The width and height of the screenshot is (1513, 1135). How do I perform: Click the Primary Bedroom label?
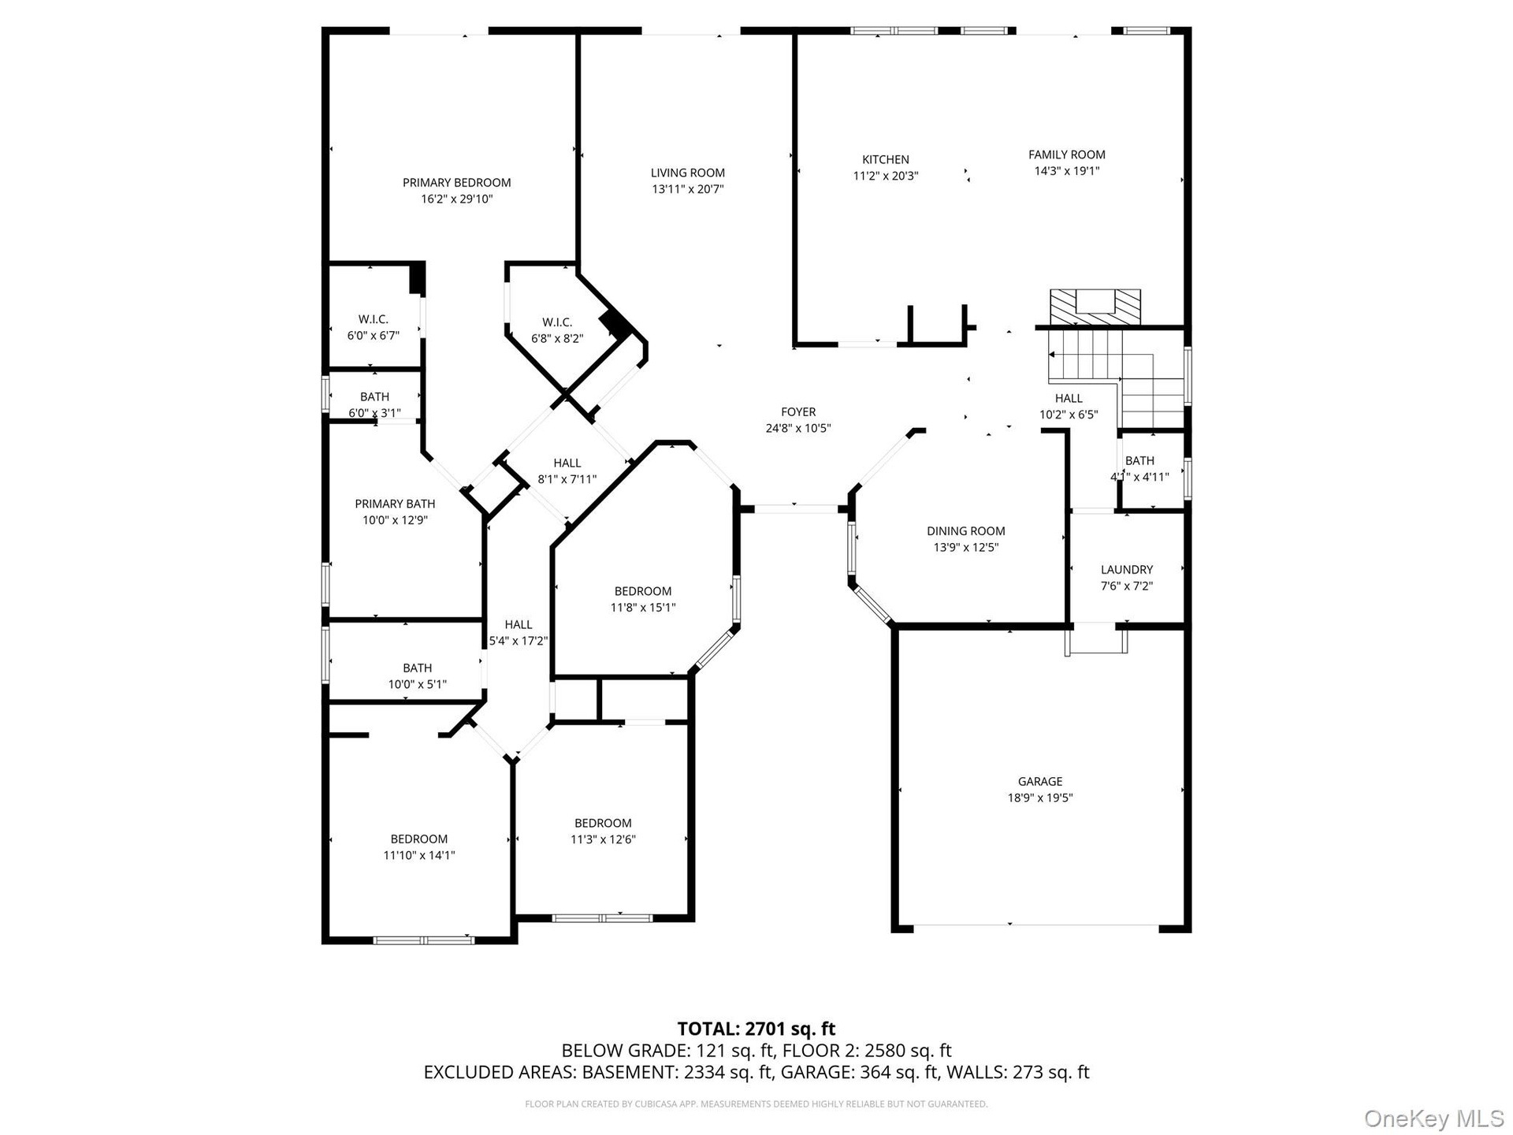[457, 183]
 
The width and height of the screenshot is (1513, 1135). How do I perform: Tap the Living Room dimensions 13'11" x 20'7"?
[688, 189]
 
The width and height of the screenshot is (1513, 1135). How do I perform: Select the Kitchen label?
[886, 160]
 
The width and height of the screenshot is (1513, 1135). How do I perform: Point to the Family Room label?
[1067, 155]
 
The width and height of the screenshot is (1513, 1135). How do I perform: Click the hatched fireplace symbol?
[1095, 307]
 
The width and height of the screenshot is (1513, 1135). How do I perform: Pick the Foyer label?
[798, 412]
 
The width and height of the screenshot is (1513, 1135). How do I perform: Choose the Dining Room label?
[966, 531]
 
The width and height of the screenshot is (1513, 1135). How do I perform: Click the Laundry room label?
[1127, 570]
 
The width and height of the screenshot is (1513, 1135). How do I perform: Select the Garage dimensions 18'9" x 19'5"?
[1040, 798]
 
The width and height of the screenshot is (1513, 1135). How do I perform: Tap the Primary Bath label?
[395, 504]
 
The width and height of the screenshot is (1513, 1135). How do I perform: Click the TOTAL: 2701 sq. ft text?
[756, 1029]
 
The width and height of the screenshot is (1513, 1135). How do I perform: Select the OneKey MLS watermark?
[1434, 1118]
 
